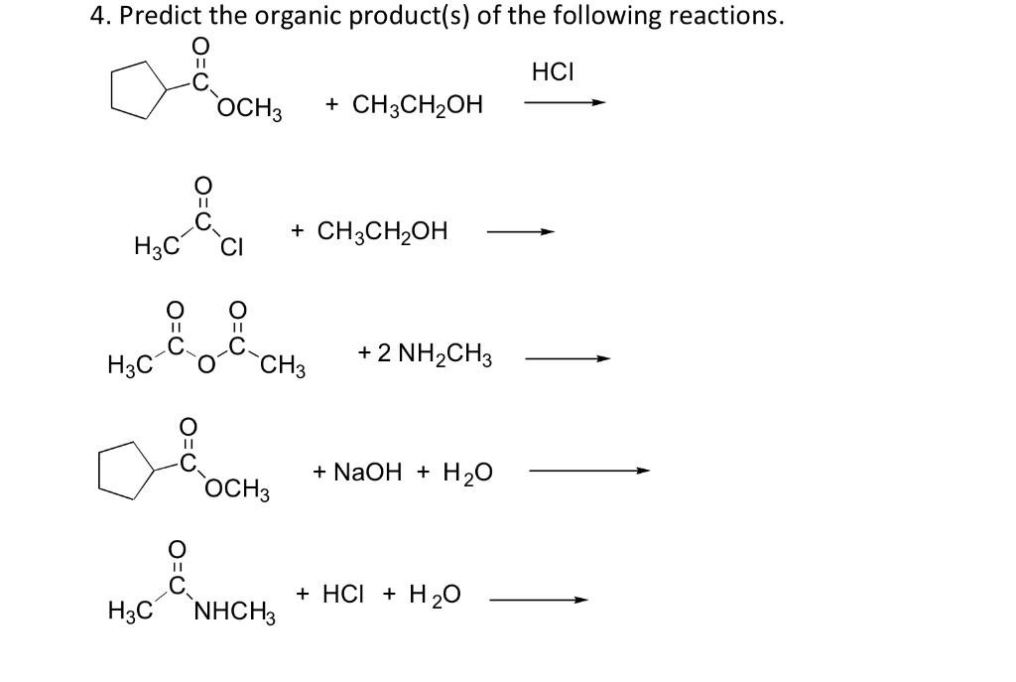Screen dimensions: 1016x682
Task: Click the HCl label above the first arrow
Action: [x=554, y=72]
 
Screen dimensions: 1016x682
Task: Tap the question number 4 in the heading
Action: [x=95, y=17]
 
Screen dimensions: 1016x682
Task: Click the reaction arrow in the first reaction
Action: [x=565, y=102]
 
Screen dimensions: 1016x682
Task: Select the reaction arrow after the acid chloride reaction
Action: [x=519, y=233]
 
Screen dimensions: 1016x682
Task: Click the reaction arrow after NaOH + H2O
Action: [x=589, y=472]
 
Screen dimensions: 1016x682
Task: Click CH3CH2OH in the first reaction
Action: [x=404, y=104]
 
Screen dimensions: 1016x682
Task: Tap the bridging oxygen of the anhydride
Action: [x=203, y=366]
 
